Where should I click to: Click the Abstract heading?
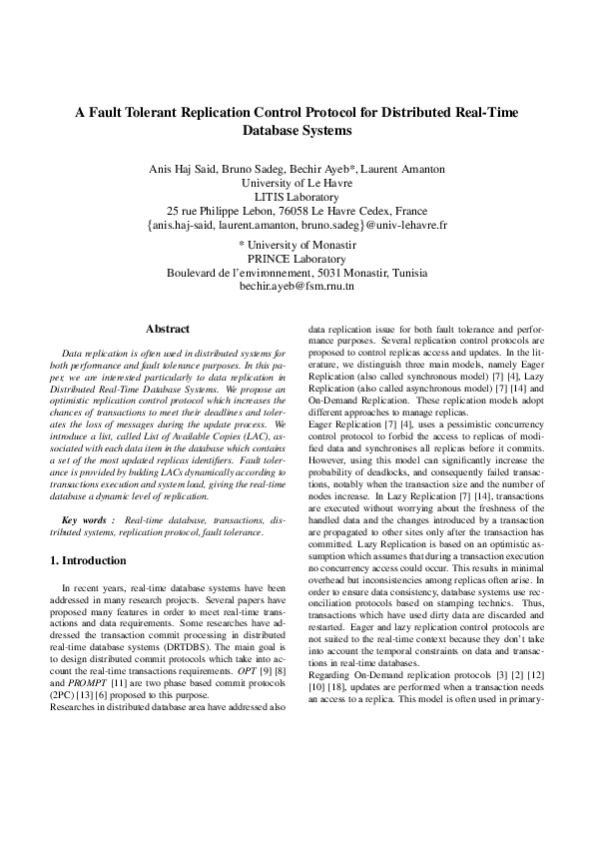pos(167,329)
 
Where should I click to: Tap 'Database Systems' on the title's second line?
pos(297,131)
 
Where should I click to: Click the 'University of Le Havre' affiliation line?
pos(297,183)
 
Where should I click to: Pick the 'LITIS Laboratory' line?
pos(297,198)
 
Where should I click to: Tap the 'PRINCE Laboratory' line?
pos(297,258)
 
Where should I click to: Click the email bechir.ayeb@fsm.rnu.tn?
pos(297,287)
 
